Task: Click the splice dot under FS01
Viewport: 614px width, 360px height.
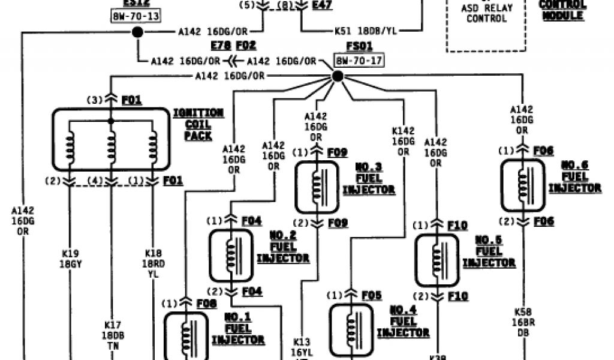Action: point(338,76)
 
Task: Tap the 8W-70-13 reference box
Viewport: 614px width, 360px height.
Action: point(136,16)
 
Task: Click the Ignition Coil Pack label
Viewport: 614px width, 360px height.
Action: point(198,124)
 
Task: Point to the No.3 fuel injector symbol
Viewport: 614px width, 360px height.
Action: point(317,187)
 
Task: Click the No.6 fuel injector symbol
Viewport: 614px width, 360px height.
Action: point(523,185)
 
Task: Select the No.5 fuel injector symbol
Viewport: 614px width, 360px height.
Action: point(437,260)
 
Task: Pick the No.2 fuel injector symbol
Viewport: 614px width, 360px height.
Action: point(231,256)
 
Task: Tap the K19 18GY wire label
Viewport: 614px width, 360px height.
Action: point(70,257)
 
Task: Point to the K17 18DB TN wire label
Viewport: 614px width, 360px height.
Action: point(112,335)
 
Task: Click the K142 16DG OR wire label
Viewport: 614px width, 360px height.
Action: point(403,141)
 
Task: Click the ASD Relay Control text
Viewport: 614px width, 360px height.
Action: point(486,13)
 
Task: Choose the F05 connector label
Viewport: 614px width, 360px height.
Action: point(372,295)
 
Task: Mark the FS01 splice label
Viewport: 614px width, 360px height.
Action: point(359,46)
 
